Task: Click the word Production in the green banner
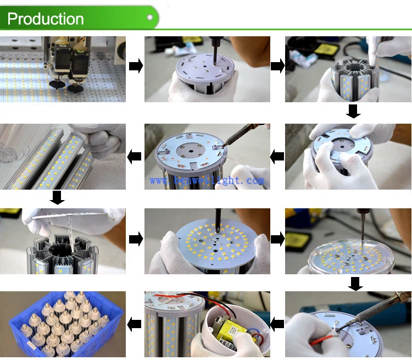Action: click(46, 19)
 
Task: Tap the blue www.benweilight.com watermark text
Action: click(207, 180)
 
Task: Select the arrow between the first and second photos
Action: click(135, 67)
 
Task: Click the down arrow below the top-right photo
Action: click(353, 112)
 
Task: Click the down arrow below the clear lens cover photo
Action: click(355, 284)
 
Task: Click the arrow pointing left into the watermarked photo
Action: click(277, 157)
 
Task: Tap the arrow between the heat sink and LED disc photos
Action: click(135, 239)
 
